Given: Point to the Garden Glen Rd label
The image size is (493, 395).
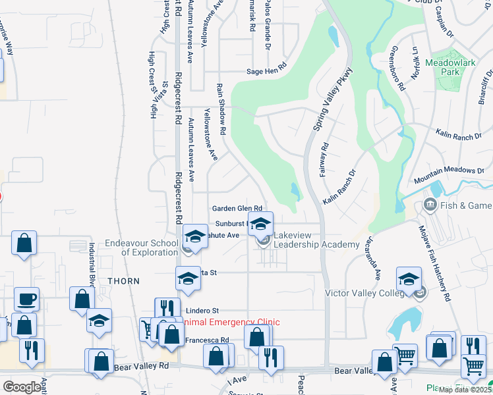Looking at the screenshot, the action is tap(237, 208).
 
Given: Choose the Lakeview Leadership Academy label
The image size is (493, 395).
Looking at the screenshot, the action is tap(315, 239).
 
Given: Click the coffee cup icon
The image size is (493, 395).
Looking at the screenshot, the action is tap(26, 299).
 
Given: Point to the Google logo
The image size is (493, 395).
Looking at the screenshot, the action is tap(22, 386).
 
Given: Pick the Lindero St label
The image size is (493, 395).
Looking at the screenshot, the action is tap(202, 310).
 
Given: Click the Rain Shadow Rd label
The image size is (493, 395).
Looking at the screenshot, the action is tap(222, 109).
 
